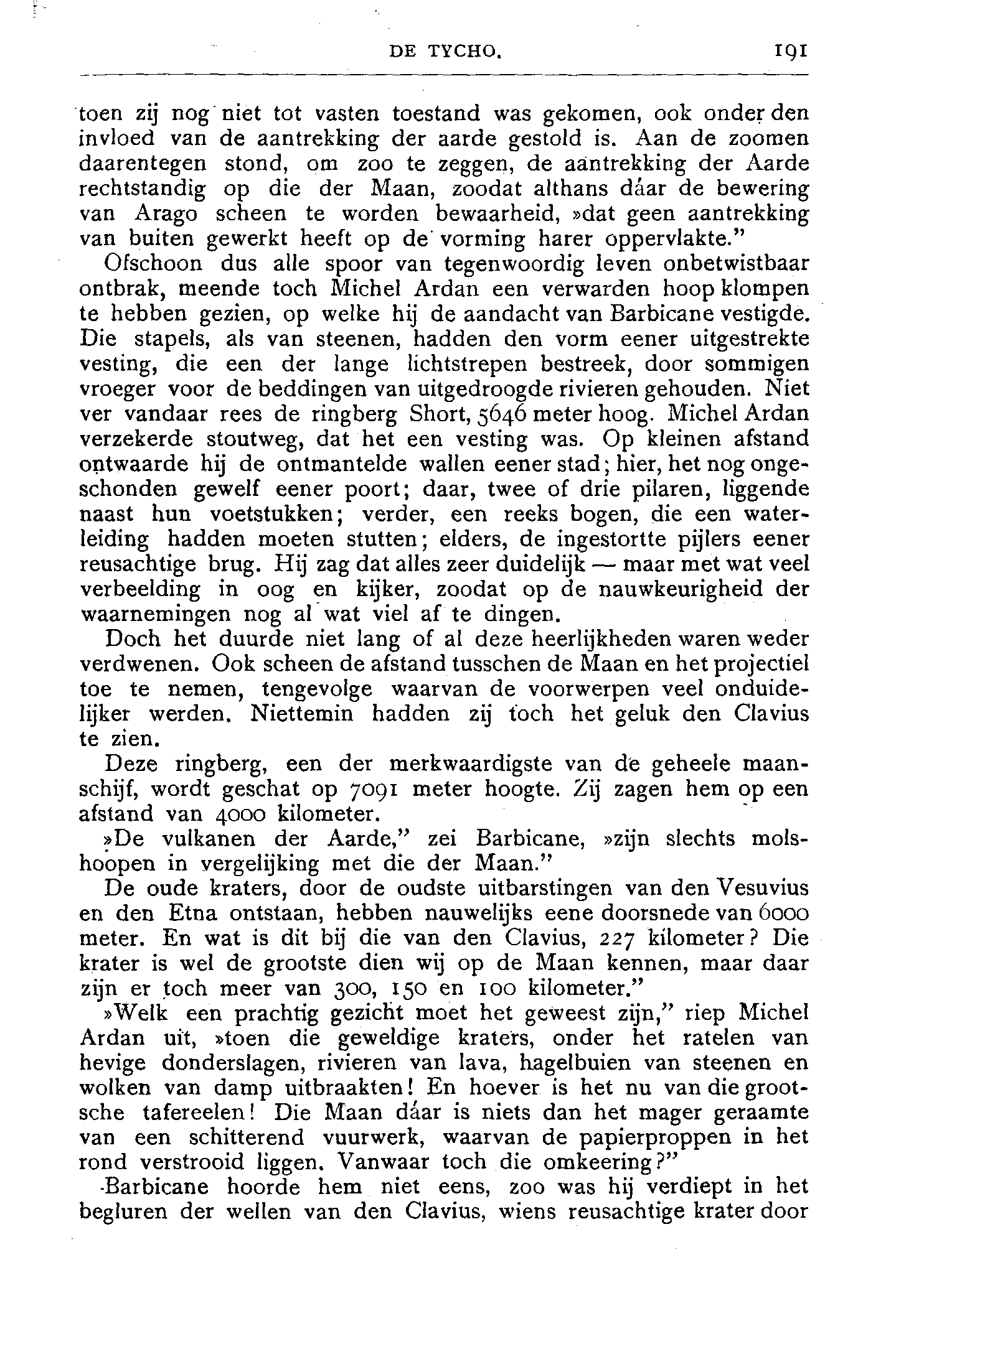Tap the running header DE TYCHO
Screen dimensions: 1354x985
tap(445, 52)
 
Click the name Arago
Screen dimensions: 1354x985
tap(166, 214)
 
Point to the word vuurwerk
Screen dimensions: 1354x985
tap(373, 1139)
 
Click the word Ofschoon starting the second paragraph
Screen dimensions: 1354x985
tap(153, 264)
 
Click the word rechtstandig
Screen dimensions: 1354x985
tap(143, 189)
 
